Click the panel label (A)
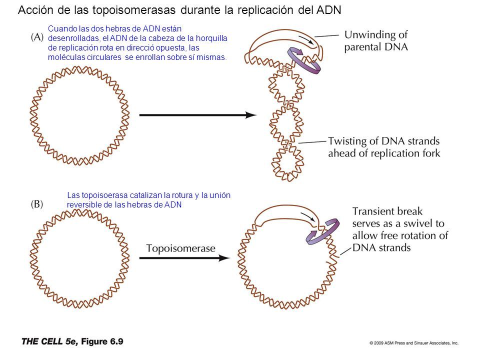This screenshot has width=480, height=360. coord(37,37)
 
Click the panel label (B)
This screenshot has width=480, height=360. coord(37,204)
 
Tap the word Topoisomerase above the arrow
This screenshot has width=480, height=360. coord(180,248)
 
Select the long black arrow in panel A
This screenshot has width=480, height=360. coord(198,115)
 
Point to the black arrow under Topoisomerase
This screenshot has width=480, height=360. coord(184,258)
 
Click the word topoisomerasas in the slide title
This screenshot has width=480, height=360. coord(134,10)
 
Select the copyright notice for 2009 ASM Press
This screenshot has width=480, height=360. coord(413,343)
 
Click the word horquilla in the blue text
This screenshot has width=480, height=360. coord(211,38)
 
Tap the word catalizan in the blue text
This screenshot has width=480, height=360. coord(145,195)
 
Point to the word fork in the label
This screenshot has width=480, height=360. coord(431,153)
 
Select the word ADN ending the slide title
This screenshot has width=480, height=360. coord(329,10)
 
